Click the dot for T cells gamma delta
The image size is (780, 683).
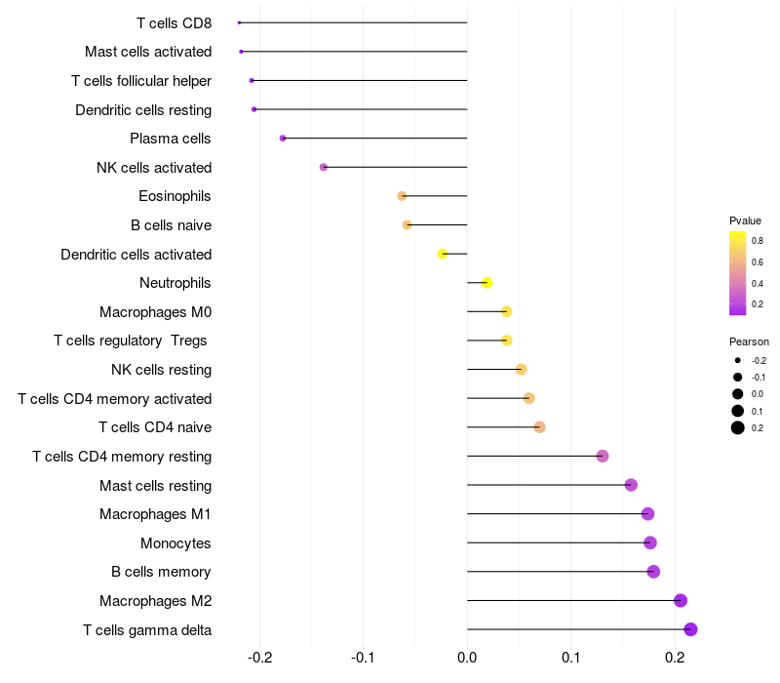coord(690,629)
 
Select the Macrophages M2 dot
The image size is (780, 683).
coord(681,600)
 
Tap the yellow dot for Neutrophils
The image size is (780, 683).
coord(487,283)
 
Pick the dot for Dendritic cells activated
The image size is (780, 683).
coord(443,254)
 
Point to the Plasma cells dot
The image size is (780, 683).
coord(283,138)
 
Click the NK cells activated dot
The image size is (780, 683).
coord(324,167)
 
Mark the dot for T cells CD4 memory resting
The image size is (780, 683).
coord(603,456)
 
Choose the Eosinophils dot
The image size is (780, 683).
coord(402,196)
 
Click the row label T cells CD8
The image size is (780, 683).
coord(175,23)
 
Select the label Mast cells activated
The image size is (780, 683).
coord(148,52)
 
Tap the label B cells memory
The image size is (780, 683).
coord(161,572)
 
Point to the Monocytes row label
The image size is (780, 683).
coord(175,543)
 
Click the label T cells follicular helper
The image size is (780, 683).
coord(141,81)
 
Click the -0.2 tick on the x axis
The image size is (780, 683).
coord(259,658)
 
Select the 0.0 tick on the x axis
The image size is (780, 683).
coord(467,658)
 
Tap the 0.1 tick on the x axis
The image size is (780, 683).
coord(571,658)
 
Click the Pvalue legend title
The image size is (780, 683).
coord(745,221)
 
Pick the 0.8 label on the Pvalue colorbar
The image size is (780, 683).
coord(758,241)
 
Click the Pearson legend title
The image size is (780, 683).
coord(749,342)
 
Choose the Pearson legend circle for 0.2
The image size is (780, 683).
coord(738,427)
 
